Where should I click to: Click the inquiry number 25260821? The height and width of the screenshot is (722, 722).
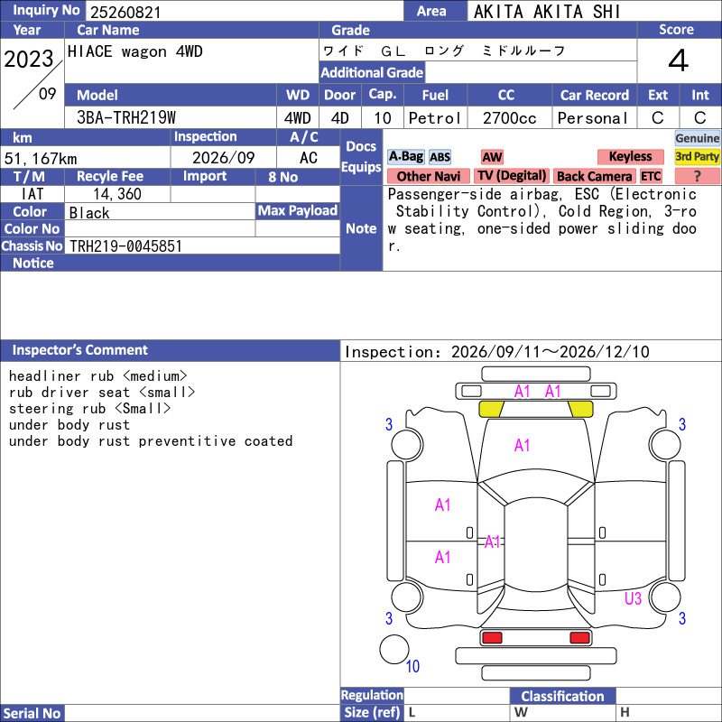coord(125,12)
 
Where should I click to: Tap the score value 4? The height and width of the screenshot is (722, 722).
coord(679,60)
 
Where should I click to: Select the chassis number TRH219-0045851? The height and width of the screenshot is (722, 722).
coord(125,246)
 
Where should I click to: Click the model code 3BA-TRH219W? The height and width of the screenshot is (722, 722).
coord(126,118)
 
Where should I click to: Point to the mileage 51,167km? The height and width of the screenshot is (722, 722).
coord(41,159)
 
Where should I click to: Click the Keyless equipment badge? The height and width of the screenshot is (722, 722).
coord(630,156)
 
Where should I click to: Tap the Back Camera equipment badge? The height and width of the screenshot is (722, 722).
coord(594,176)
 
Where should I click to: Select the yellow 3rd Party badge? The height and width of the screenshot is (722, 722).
coord(697,156)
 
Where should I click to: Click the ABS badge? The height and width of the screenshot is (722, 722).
coord(440,157)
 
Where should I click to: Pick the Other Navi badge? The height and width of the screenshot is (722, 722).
coord(428,176)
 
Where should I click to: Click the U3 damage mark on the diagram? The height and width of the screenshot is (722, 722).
coord(633,598)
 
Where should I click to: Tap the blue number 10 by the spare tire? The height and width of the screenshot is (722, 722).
coord(412,666)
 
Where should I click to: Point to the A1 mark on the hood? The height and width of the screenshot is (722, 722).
coord(522,445)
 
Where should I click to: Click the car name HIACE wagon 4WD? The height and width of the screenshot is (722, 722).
coord(134,51)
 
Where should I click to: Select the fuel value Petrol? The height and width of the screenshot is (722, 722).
coord(435,118)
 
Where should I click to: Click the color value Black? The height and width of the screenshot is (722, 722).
coord(89,213)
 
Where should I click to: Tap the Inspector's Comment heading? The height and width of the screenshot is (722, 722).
coord(80,350)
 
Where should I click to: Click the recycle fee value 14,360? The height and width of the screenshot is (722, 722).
coord(117,194)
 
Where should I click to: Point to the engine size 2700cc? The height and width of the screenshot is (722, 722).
coord(509,118)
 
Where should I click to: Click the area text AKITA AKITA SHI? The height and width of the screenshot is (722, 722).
coord(547,12)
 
